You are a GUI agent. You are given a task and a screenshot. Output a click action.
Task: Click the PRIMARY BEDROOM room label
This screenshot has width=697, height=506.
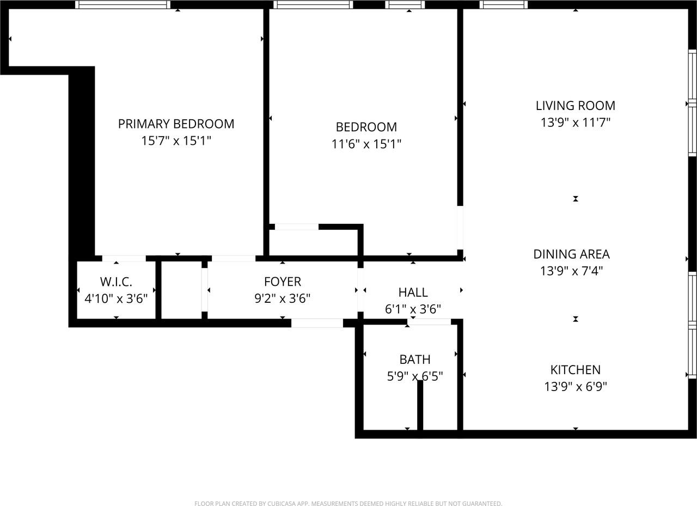176,124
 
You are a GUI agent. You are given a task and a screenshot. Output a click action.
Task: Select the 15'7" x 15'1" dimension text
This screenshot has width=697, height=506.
176,141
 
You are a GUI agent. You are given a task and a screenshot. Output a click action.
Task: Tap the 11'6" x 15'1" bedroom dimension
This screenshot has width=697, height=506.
366,144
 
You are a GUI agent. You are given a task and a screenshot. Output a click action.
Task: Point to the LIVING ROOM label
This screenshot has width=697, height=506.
576,106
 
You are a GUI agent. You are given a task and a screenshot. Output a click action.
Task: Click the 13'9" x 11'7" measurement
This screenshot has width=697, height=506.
576,123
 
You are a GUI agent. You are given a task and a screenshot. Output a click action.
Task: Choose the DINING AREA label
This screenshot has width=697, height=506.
571,254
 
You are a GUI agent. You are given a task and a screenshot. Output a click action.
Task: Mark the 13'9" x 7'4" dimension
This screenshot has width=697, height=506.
571,271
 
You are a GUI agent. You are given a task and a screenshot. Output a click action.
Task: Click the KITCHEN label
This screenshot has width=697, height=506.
576,370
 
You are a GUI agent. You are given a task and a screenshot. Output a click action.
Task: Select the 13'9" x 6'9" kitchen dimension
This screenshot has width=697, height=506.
576,387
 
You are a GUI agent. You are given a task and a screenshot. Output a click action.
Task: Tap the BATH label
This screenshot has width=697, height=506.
415,359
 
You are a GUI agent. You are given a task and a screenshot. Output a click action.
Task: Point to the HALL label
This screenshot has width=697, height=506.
413,292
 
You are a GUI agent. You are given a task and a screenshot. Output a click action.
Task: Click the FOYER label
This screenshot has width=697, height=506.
282,282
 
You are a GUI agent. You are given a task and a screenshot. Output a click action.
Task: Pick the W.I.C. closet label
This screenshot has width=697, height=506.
116,282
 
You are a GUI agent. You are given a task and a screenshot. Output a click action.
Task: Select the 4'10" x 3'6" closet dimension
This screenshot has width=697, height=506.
116,298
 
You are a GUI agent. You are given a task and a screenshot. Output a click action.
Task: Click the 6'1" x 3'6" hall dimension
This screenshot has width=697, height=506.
413,309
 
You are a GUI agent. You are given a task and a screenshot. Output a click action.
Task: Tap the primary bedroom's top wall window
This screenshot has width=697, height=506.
123,4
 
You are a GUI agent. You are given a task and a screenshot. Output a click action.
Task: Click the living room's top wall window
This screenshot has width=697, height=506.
504,4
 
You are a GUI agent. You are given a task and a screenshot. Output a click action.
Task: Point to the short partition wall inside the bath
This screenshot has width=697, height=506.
420,405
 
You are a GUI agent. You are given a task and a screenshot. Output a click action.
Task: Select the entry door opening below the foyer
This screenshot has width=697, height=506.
317,323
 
